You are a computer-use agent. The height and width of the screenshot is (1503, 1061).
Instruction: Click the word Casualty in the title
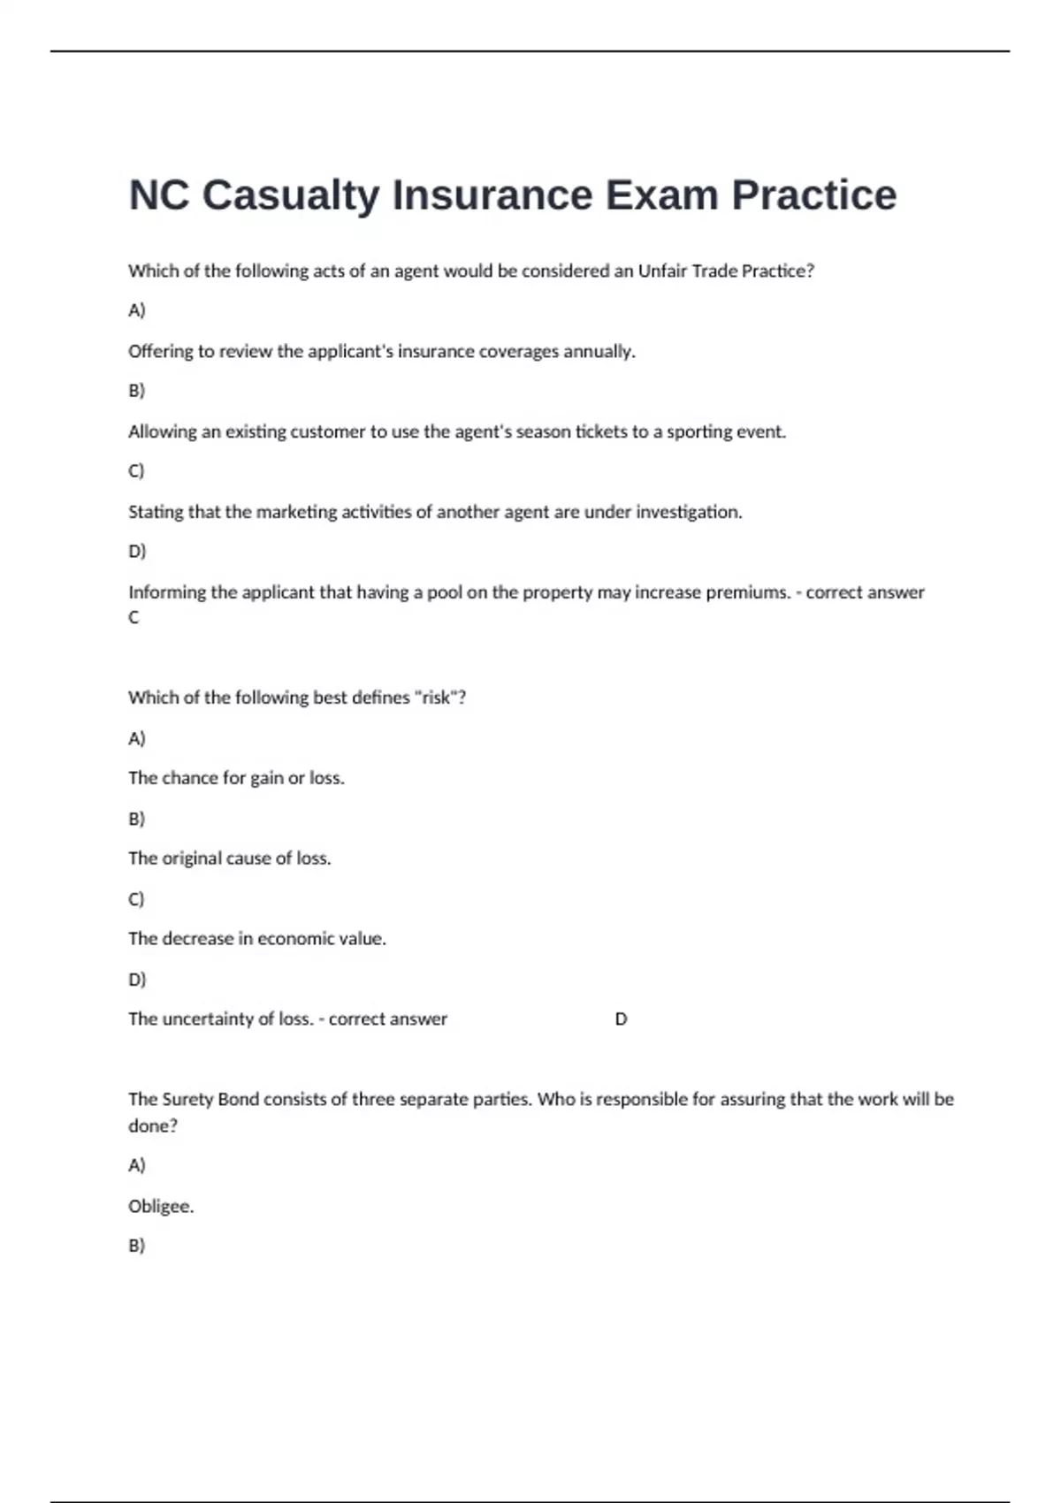(x=291, y=195)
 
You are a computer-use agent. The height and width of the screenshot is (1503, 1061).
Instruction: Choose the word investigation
(x=689, y=513)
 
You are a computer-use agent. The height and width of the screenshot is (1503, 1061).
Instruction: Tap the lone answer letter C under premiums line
(x=134, y=617)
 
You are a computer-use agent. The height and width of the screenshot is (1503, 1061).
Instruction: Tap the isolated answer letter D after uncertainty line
(x=621, y=1019)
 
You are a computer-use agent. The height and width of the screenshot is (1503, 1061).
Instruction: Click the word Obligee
(x=160, y=1207)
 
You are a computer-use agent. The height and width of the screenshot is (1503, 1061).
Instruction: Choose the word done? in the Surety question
(x=152, y=1126)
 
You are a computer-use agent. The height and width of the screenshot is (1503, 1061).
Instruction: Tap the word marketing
(x=296, y=513)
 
